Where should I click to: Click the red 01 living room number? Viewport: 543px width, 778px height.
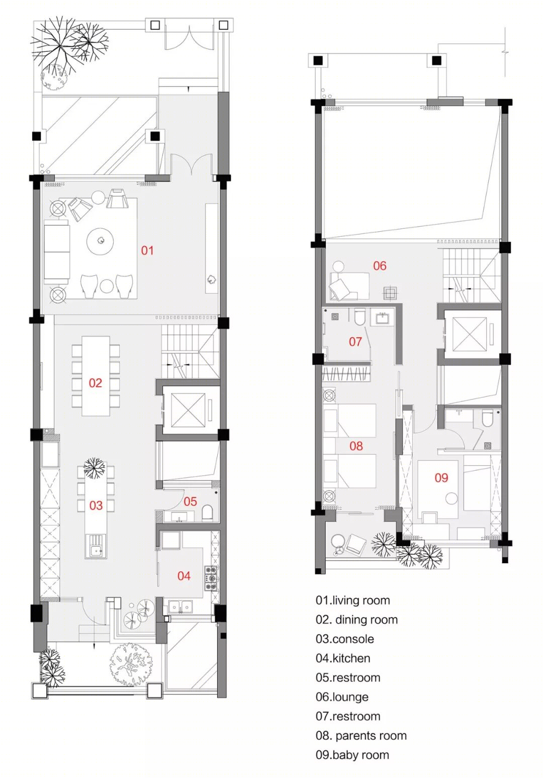click(x=147, y=250)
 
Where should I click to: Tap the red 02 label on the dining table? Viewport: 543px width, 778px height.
click(x=96, y=383)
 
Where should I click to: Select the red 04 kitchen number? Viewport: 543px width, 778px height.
click(x=184, y=576)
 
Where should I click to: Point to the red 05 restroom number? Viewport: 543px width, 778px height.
click(x=190, y=501)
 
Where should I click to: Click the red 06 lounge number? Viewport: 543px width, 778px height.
click(x=380, y=266)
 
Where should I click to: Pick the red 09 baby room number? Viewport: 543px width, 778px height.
click(x=441, y=478)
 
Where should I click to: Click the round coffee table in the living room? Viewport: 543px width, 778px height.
click(x=101, y=241)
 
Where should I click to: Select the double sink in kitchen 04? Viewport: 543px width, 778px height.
click(x=180, y=607)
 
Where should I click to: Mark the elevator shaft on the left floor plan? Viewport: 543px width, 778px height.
click(x=188, y=410)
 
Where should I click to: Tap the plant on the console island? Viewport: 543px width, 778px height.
click(x=94, y=468)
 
